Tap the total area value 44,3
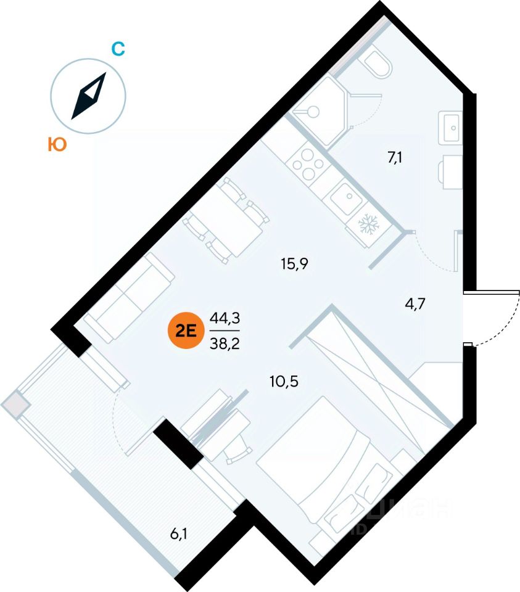click(x=225, y=318)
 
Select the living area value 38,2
click(x=225, y=343)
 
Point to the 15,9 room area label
click(x=294, y=264)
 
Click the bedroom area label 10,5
click(x=284, y=381)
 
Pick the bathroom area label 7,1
click(x=395, y=158)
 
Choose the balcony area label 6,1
click(x=179, y=534)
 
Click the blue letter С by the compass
click(x=118, y=49)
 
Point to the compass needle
click(x=89, y=96)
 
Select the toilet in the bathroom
click(x=376, y=64)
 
